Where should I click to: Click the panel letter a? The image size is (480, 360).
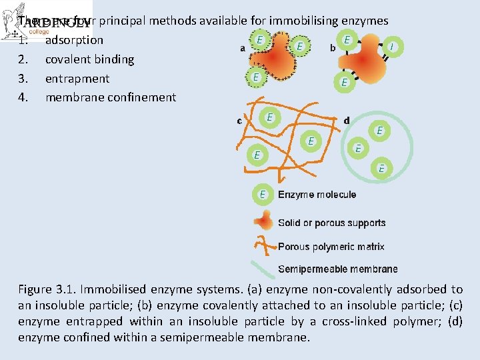click(x=242, y=48)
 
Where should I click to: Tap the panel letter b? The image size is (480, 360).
click(x=332, y=48)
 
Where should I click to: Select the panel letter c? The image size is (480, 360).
click(x=239, y=121)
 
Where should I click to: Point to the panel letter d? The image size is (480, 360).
click(x=346, y=121)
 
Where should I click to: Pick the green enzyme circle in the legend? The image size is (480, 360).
click(x=263, y=195)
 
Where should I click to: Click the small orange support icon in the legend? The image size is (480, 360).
click(x=265, y=222)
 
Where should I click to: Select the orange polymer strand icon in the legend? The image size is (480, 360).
click(x=266, y=245)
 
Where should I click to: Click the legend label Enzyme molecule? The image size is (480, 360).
click(x=317, y=195)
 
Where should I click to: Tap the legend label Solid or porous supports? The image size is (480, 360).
click(x=331, y=223)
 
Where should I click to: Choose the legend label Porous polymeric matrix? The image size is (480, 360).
click(x=331, y=247)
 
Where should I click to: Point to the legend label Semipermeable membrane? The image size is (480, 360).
click(x=337, y=269)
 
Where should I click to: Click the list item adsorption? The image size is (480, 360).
click(x=74, y=40)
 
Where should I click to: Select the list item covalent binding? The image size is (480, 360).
click(x=89, y=59)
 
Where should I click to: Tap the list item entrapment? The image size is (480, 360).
click(x=77, y=79)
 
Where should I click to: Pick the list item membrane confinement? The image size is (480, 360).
click(x=111, y=98)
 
